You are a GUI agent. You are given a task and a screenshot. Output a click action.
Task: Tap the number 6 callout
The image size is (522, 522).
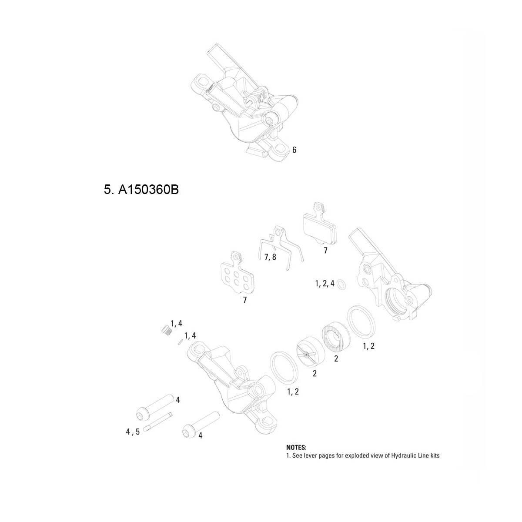click(294, 150)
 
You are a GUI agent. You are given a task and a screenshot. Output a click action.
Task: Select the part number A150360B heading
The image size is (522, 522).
click(141, 190)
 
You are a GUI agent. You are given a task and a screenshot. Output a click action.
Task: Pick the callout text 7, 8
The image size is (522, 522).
click(270, 257)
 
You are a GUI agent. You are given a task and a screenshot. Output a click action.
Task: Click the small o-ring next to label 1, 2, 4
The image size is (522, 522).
click(342, 284)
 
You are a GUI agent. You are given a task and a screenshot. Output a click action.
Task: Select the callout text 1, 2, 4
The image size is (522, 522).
click(325, 284)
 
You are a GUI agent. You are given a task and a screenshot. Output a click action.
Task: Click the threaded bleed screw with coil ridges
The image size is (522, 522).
click(164, 330)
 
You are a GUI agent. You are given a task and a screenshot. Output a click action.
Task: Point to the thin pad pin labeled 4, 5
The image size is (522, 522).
click(159, 422)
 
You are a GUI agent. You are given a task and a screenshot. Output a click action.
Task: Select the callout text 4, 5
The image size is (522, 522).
click(133, 432)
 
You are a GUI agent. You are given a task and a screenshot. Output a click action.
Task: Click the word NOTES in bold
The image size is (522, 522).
click(296, 447)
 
